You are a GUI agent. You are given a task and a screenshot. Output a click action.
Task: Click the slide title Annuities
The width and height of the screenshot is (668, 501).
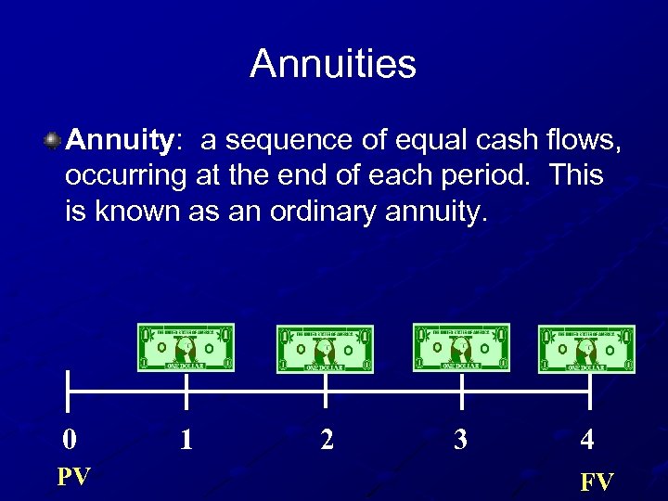coord(333,64)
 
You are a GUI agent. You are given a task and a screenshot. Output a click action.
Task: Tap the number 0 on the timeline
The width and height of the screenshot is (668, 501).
coord(69,438)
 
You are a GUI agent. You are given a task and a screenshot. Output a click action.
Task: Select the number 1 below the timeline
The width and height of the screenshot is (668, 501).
coord(186,438)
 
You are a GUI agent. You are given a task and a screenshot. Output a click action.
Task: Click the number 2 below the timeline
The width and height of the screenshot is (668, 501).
coord(327,438)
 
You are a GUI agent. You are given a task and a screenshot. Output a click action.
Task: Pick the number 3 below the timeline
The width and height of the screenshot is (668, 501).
coord(461,438)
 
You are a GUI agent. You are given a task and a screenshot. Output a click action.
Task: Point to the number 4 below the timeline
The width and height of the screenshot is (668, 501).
coord(587,438)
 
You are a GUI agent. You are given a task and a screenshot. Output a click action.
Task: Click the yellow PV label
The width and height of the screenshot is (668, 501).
coord(74,477)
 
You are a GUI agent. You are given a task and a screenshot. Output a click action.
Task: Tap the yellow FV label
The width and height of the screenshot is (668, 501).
coord(597,482)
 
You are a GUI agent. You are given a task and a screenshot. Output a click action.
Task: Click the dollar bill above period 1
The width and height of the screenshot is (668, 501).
coord(186,348)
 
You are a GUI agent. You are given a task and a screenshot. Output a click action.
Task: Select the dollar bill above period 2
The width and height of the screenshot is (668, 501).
coord(325,349)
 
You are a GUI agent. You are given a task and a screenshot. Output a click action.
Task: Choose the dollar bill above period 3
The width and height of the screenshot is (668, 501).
coord(461,348)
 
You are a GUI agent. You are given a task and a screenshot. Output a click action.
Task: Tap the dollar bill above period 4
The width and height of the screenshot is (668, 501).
coord(587,349)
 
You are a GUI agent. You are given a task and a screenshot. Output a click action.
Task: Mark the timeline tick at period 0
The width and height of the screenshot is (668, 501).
coord(68,390)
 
